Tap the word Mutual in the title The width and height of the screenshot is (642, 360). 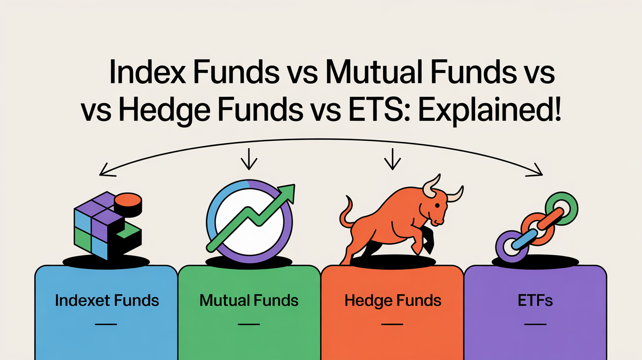374,71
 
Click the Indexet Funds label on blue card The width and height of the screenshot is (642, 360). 107,300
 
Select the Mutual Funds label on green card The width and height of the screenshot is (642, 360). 249,300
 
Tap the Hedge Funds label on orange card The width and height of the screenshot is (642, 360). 392,301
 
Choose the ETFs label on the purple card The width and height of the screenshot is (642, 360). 535,300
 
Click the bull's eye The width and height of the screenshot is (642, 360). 437,205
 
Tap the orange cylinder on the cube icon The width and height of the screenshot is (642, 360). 128,204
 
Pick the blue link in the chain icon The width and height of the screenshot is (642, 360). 524,239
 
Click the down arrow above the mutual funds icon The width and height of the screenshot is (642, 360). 249,159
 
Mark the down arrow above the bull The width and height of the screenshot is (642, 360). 392,159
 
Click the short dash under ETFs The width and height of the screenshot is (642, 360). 535,324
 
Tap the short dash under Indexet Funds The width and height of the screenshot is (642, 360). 106,324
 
